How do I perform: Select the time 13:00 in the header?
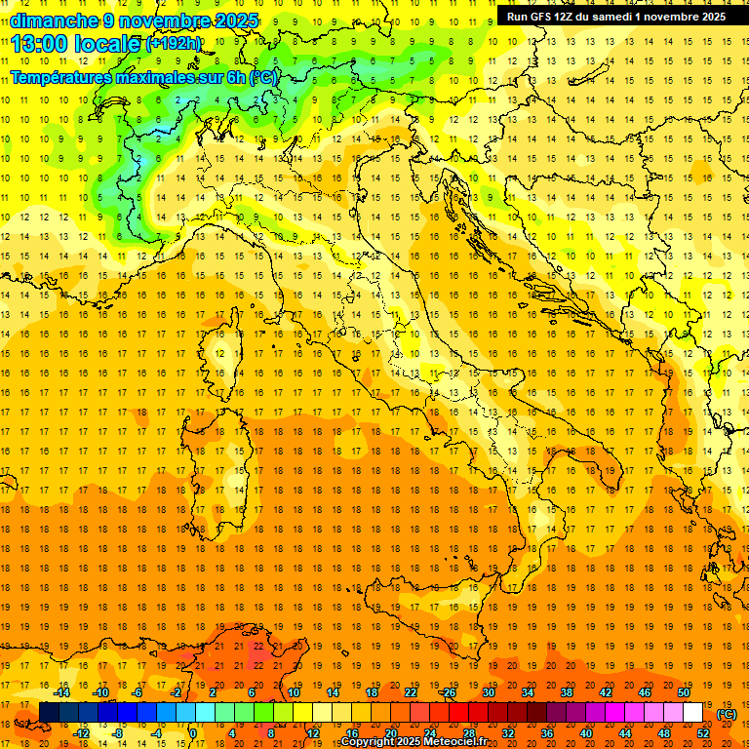tap(47, 44)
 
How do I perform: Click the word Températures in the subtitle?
tap(64, 77)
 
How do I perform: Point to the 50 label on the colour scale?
tap(684, 692)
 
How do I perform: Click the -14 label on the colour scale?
tap(61, 692)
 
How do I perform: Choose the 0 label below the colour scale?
tap(193, 733)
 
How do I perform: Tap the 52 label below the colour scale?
tap(703, 733)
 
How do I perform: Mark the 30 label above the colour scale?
tap(488, 692)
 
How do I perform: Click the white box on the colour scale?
tap(693, 712)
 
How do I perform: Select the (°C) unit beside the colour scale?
tap(727, 714)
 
